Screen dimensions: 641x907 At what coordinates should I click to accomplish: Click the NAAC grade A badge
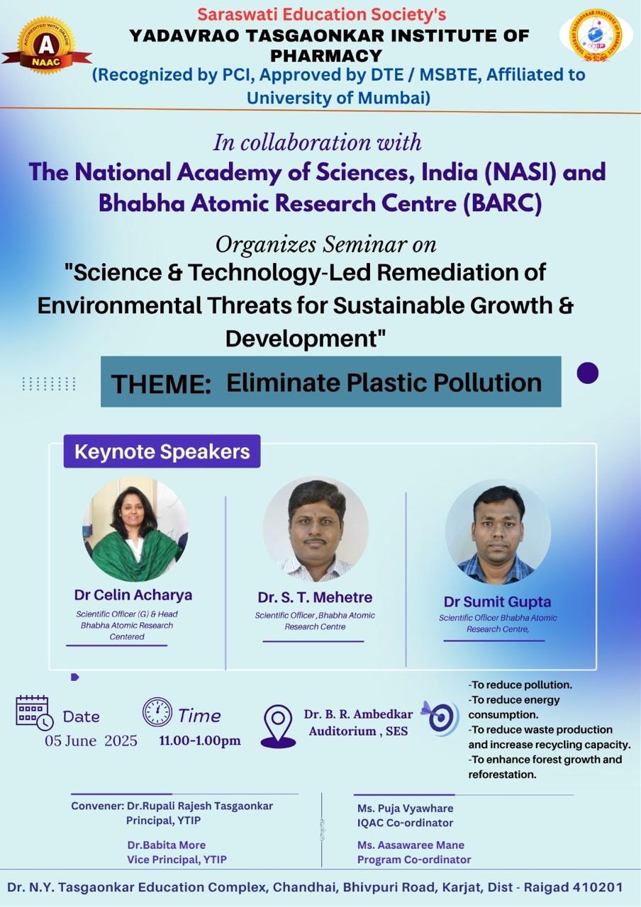tap(46, 45)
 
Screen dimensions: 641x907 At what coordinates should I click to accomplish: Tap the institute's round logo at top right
tap(596, 35)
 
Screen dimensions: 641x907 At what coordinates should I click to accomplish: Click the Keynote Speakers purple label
tap(162, 451)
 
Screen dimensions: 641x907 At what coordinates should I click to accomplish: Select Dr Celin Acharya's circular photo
tap(135, 529)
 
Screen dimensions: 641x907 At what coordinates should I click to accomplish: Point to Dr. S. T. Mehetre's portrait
tap(316, 529)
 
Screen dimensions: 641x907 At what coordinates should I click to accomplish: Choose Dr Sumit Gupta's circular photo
tap(498, 532)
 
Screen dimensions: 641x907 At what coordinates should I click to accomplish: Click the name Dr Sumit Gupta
tap(497, 602)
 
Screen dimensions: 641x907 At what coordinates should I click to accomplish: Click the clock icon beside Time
tap(157, 712)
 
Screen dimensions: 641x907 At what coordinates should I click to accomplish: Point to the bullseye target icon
tap(440, 719)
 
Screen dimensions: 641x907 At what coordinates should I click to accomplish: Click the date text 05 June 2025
tap(91, 740)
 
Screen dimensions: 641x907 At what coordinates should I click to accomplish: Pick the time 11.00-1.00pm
tap(200, 740)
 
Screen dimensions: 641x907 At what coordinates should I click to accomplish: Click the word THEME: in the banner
tap(161, 384)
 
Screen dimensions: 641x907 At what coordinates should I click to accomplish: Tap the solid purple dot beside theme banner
tap(588, 373)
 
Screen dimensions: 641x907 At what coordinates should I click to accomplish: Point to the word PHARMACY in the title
tap(327, 55)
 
